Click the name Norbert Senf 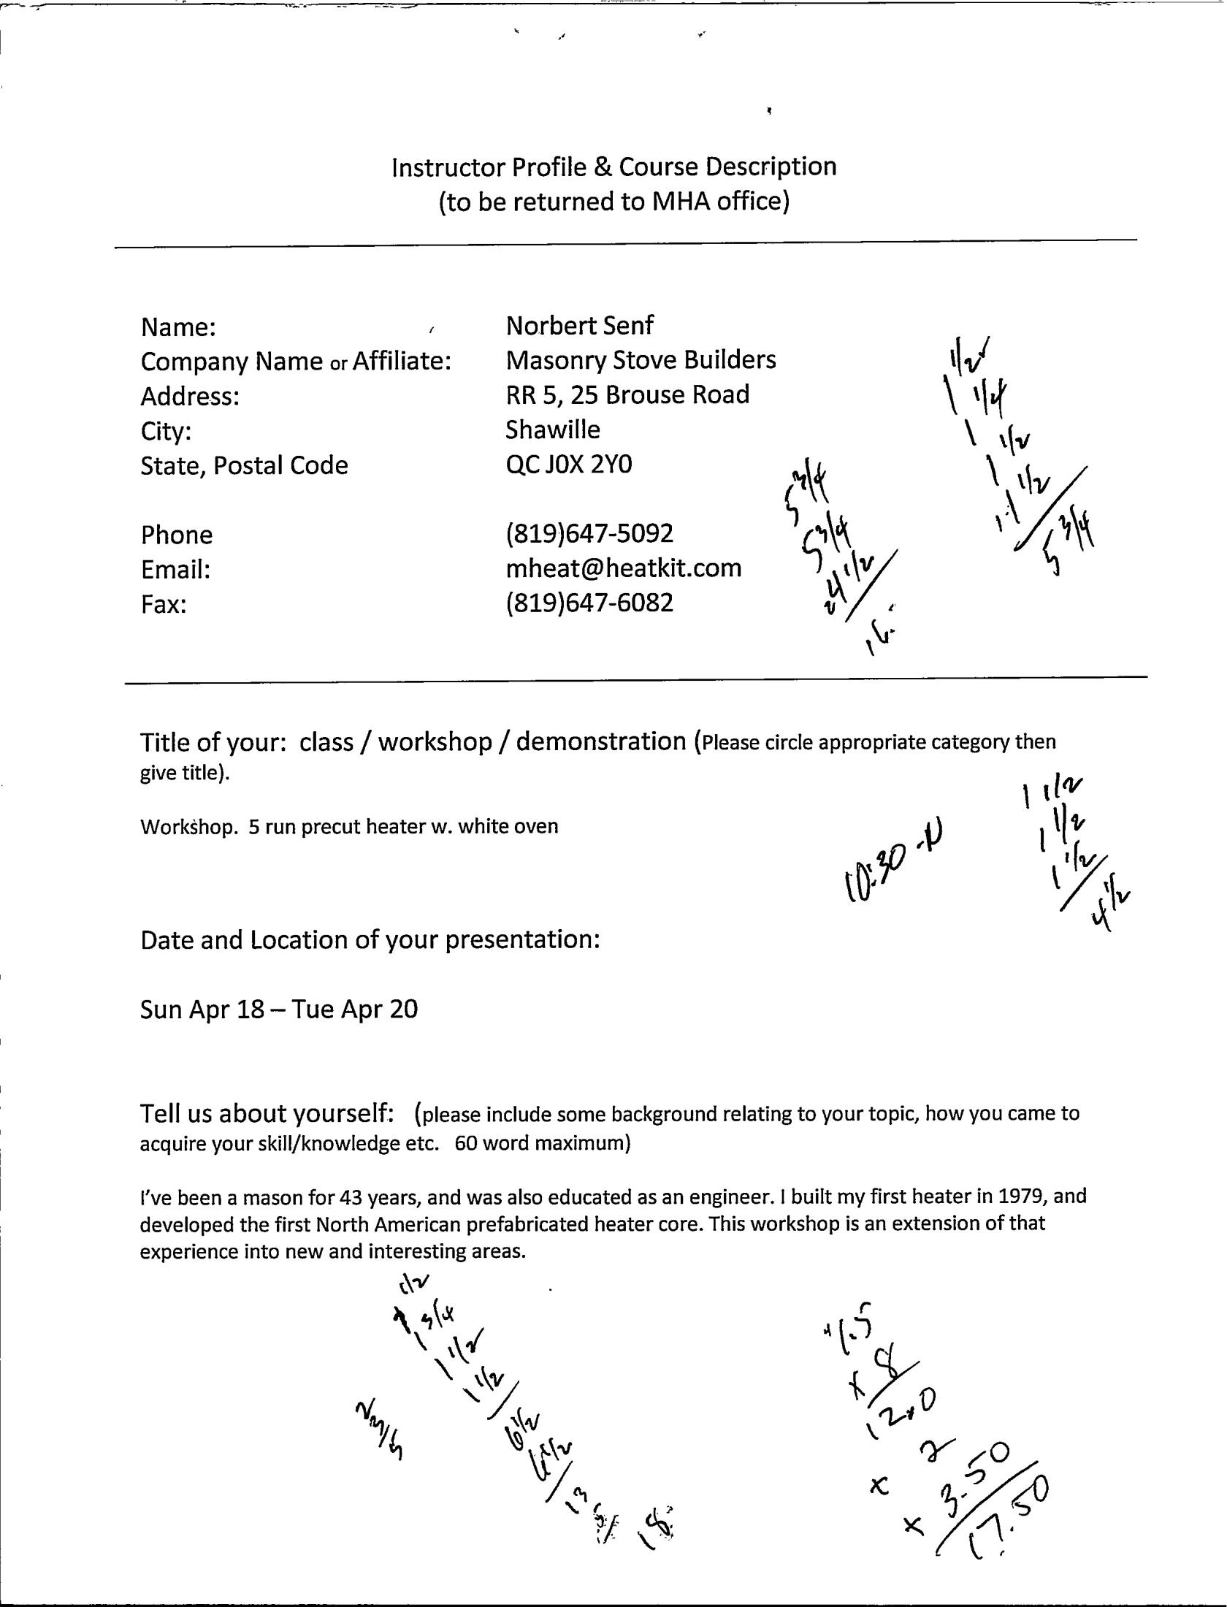[579, 326]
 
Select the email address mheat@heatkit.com [623, 568]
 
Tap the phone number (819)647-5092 [589, 534]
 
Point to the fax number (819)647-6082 [589, 603]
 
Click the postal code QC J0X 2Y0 [568, 465]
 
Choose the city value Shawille [552, 430]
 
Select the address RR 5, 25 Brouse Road [627, 395]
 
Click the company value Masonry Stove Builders [641, 360]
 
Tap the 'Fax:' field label [164, 605]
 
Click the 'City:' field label [166, 431]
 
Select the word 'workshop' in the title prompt [435, 742]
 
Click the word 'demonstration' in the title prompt [601, 742]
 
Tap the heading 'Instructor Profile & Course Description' [613, 167]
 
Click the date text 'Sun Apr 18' [201, 1009]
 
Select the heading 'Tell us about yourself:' [267, 1113]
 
